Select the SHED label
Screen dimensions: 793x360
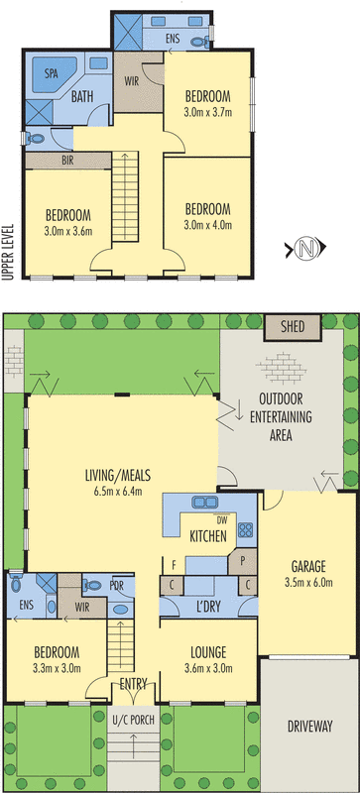click(293, 326)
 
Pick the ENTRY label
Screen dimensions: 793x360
click(134, 685)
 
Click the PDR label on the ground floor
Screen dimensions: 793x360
click(116, 584)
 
